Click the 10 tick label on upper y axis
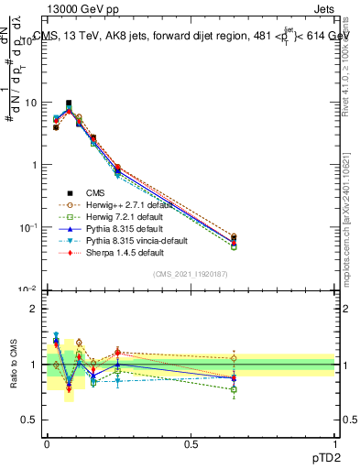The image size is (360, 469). pyautogui.click(x=29, y=103)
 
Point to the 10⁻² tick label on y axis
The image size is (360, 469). pyautogui.click(x=27, y=289)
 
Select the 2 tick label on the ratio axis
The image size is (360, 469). pyautogui.click(x=33, y=309)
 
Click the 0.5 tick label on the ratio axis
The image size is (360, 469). pyautogui.click(x=29, y=420)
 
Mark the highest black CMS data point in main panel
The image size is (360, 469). pyautogui.click(x=69, y=104)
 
